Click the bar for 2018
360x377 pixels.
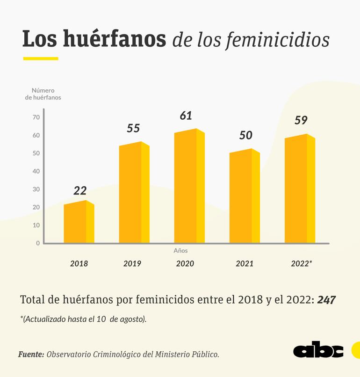pos(79,223)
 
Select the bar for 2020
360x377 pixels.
pos(189,187)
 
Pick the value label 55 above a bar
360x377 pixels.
pos(133,128)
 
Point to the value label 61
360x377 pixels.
pos(186,116)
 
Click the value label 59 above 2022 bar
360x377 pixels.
pos(301,120)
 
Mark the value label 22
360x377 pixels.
pos(80,190)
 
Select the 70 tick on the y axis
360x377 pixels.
pos(36,117)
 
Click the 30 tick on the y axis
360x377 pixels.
pos(36,189)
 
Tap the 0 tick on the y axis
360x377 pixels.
pos(38,243)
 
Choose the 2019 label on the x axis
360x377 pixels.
pos(132,263)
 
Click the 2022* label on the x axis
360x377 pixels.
pos(301,263)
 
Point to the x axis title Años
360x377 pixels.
pos(180,251)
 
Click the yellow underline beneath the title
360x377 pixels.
pos(41,58)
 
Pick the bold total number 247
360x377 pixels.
pos(326,300)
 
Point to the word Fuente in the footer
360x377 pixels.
pos(31,354)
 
